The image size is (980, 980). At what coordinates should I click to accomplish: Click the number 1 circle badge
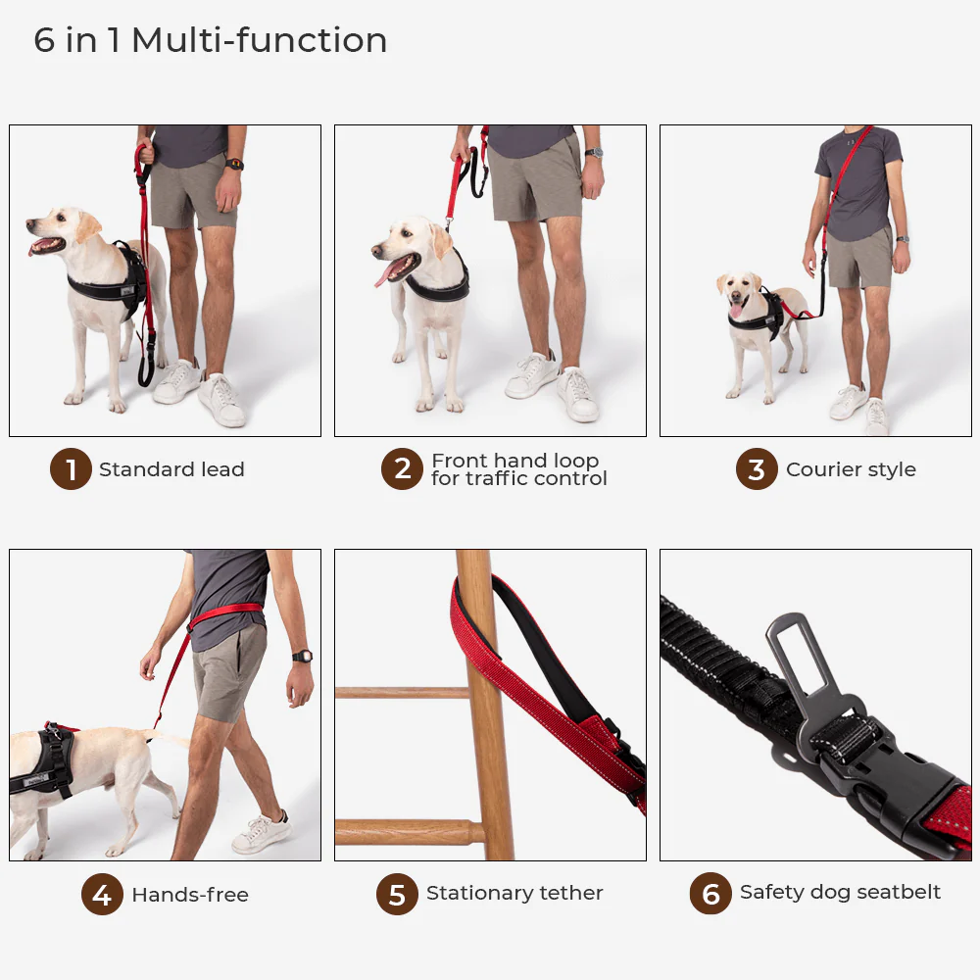pos(71,470)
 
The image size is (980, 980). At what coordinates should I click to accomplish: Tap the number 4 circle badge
pos(102,895)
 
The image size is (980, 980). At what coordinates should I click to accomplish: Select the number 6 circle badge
pos(710,894)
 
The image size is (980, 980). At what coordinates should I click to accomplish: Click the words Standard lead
pos(171,469)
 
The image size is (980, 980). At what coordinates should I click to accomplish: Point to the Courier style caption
pos(851,469)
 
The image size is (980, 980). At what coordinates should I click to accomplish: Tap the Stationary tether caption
pos(514,893)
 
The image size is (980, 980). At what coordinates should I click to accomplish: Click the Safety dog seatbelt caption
pos(840,892)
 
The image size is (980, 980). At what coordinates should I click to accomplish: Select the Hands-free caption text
pos(190,895)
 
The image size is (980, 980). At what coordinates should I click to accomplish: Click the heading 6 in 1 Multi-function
pos(211,40)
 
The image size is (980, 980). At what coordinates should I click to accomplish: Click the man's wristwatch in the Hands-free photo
pos(302,656)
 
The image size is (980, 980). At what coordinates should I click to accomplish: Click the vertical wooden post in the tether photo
pos(484,706)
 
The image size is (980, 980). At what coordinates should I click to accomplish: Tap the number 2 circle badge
pos(402,470)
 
